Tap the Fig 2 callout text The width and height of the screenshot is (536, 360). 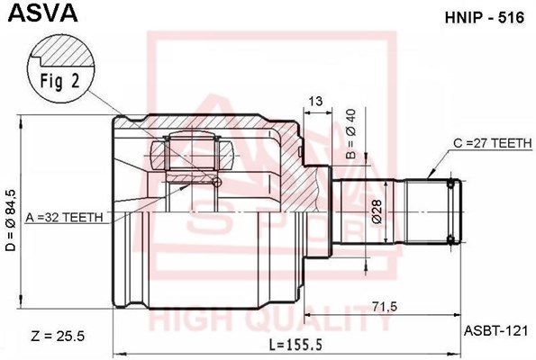point(60,79)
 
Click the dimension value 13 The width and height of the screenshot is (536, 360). point(314,101)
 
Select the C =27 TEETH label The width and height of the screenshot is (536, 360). point(490,142)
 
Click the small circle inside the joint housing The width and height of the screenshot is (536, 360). point(216,183)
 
